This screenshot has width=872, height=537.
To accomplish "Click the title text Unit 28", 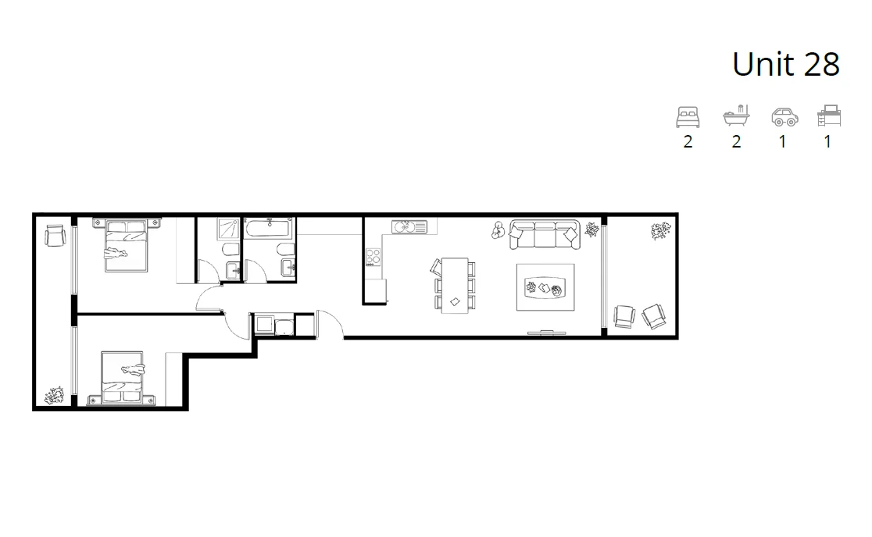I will click(x=785, y=64).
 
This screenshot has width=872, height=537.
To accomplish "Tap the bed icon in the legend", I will click(x=688, y=117).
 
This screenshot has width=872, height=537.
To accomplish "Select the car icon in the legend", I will click(x=784, y=117).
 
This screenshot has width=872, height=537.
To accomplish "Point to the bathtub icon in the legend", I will click(x=736, y=116).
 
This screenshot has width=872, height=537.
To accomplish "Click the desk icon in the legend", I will click(x=828, y=116).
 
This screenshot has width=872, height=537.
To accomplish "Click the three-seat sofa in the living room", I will click(x=545, y=235).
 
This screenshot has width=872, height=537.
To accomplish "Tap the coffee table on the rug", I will click(x=545, y=289).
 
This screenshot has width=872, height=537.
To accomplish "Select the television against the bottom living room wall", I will click(x=547, y=333).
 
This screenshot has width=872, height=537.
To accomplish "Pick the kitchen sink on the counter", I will click(x=409, y=227).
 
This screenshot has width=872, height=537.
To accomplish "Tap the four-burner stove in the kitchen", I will click(x=373, y=257).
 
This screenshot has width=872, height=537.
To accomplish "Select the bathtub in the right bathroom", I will click(x=269, y=229).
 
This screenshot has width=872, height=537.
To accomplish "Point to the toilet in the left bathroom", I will click(x=230, y=251).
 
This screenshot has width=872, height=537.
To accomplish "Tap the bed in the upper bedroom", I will click(x=126, y=245).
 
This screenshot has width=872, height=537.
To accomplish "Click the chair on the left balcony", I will click(x=54, y=234).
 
